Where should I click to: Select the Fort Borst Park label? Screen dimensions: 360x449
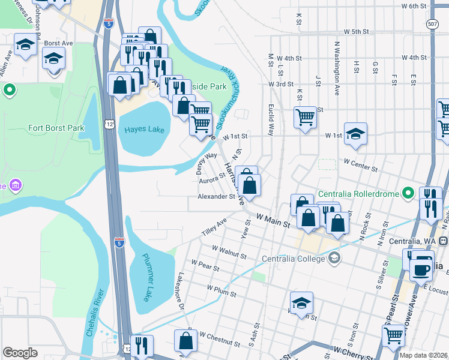pos(56,128)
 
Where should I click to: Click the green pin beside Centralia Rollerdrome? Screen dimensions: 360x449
pos(408,193)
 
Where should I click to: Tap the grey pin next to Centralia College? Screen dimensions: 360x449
pos(334,259)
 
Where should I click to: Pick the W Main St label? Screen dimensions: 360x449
pos(273,220)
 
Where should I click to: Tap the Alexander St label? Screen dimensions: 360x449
pos(216,196)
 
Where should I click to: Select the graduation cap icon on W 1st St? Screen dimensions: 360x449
pos(355,134)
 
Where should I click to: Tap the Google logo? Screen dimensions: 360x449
pos(20,353)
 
